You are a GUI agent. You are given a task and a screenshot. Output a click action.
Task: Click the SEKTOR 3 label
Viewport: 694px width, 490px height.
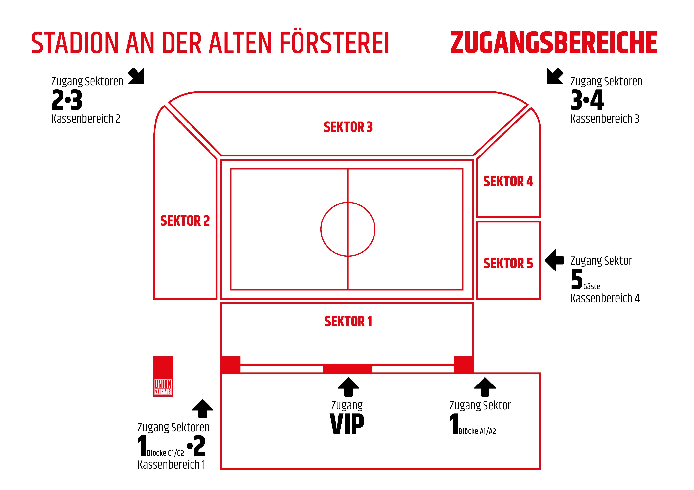tap(348, 127)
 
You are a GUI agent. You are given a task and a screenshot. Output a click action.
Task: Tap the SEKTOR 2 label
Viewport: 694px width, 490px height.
tap(185, 221)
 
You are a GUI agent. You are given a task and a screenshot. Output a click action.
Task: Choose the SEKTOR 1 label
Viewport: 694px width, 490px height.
tap(348, 321)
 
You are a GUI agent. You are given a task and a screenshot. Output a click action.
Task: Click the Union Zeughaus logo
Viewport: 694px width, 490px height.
tap(163, 376)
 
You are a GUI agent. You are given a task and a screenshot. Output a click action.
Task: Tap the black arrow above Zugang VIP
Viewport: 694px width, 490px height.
tap(348, 386)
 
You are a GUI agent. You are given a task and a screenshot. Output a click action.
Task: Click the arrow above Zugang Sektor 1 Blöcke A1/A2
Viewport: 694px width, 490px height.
tap(485, 386)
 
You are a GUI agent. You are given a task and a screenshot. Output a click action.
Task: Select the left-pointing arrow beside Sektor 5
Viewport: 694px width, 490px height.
tap(554, 260)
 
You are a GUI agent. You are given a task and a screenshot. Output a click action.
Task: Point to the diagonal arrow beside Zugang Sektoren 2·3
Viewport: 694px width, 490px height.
tap(136, 76)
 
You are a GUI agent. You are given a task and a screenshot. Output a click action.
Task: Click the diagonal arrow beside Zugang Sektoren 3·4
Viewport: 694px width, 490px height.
tap(555, 76)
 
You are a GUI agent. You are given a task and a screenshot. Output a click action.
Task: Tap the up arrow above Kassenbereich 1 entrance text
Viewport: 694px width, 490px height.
tap(203, 409)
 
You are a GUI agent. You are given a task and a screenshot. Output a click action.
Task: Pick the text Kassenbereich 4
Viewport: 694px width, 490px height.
tap(605, 298)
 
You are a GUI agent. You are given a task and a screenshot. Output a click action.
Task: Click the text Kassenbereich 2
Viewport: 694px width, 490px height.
tap(86, 119)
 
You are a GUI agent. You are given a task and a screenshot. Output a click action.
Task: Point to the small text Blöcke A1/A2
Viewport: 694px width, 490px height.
tap(477, 431)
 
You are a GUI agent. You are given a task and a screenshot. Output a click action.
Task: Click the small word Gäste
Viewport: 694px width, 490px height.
tap(592, 286)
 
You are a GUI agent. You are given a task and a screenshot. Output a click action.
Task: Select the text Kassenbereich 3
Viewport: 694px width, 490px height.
tap(605, 119)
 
